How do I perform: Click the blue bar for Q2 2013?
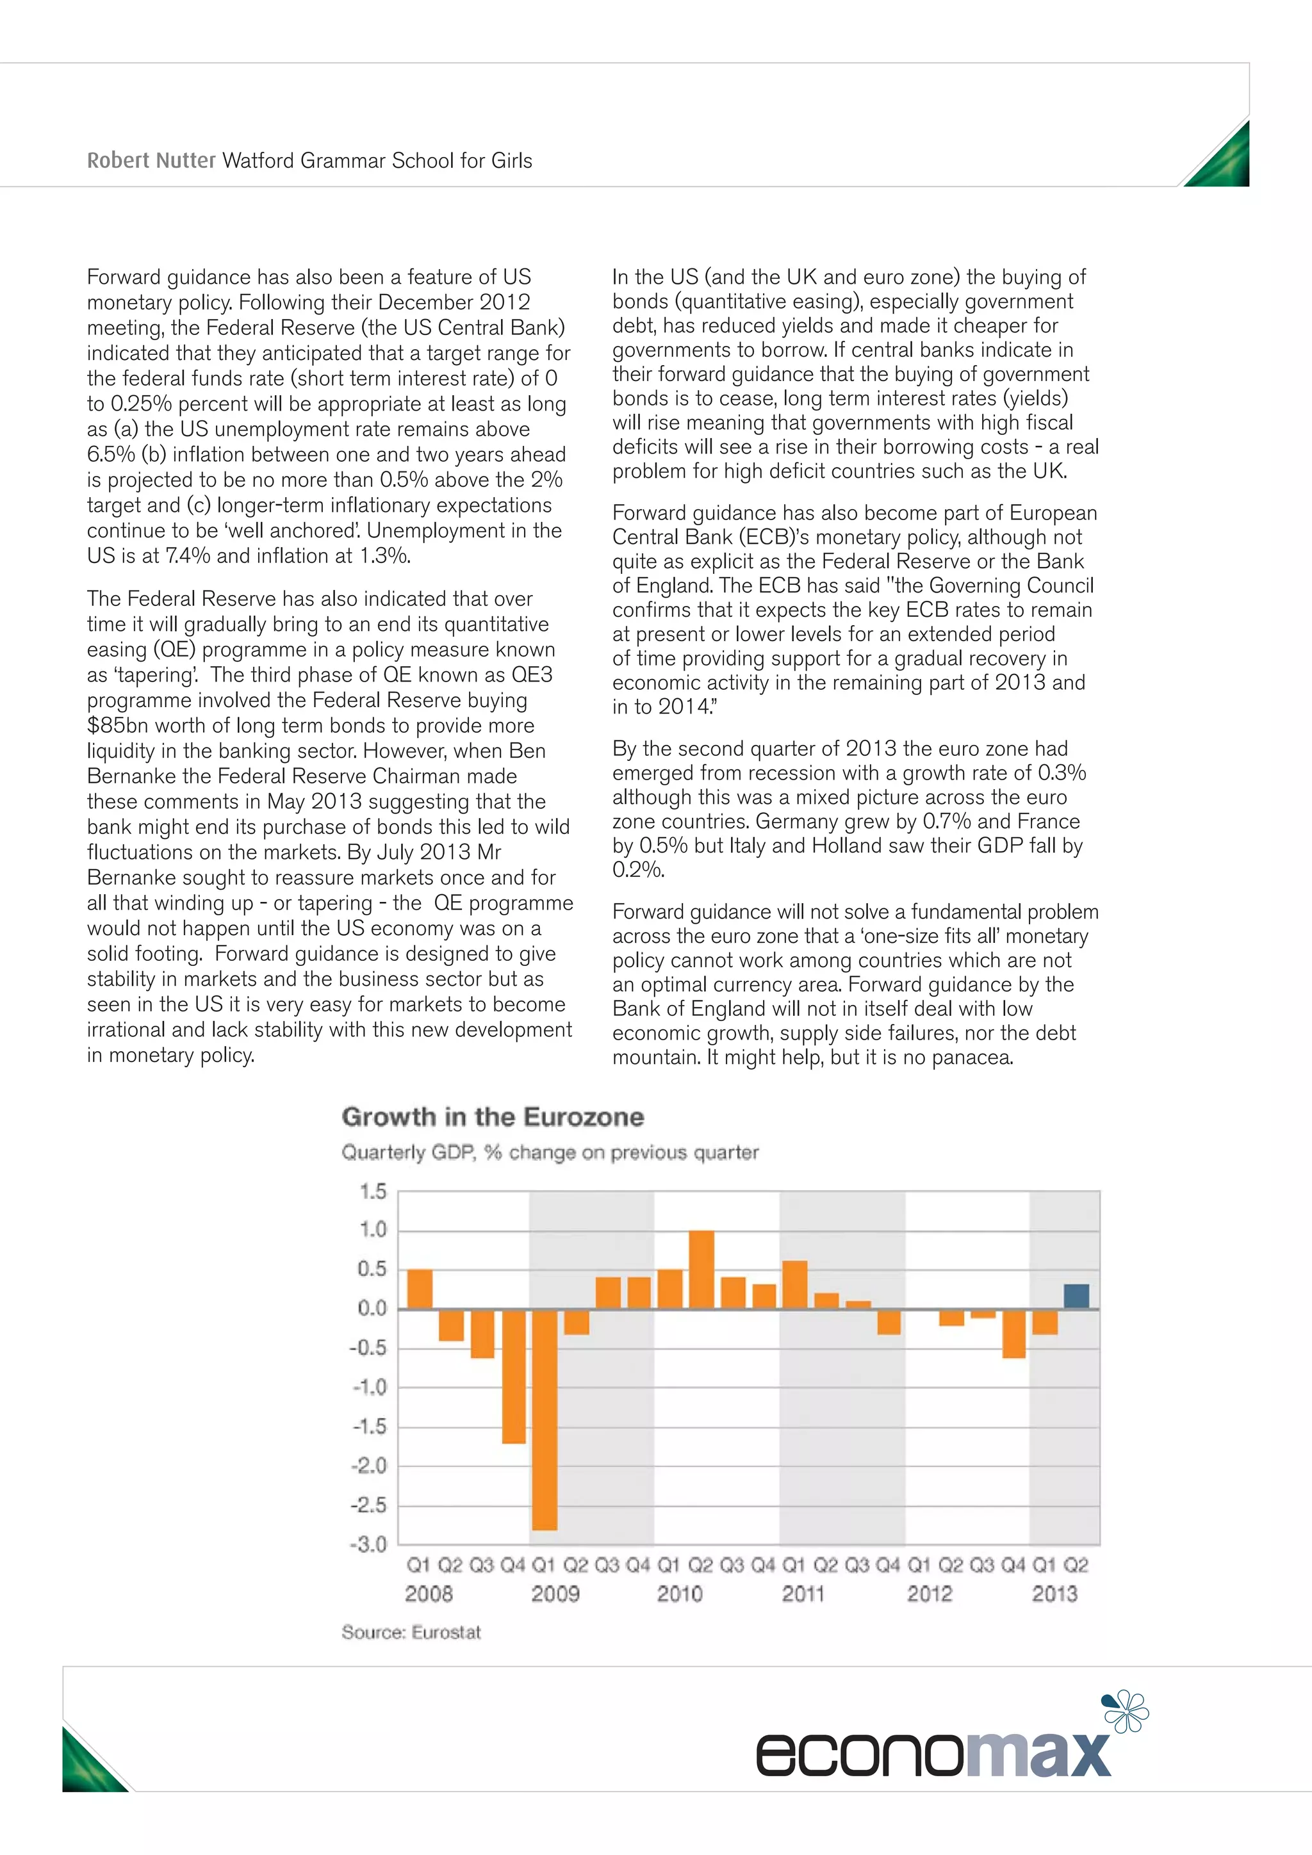click(1076, 1296)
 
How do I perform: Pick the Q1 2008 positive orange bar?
click(420, 1289)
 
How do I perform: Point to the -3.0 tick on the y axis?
click(368, 1544)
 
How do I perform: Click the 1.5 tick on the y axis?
click(372, 1191)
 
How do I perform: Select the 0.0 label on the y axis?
click(372, 1308)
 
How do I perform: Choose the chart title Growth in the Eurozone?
click(493, 1116)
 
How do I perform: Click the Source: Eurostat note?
click(411, 1632)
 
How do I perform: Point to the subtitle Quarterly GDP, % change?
click(550, 1152)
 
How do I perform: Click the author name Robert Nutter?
click(151, 161)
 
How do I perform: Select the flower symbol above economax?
click(1126, 1711)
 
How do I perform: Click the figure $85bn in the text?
click(115, 726)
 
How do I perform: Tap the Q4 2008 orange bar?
click(514, 1376)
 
